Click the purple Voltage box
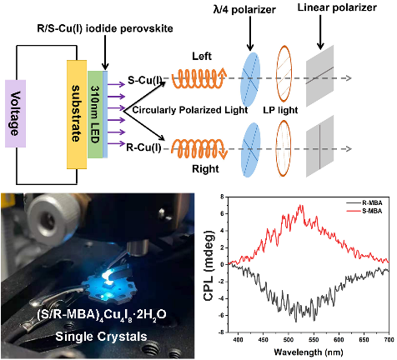click(16, 113)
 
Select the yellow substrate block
click(77, 114)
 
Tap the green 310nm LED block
click(95, 114)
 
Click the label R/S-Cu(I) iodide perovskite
click(105, 28)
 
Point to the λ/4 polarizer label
click(244, 10)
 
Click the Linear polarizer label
click(337, 7)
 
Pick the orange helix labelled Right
click(199, 148)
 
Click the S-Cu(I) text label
click(144, 81)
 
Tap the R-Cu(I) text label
click(143, 147)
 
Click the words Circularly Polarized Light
click(190, 110)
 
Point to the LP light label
click(280, 110)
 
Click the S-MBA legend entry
click(364, 212)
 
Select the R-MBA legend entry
click(364, 203)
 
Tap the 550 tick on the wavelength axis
click(314, 340)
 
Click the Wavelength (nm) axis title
click(309, 352)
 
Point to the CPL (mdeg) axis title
click(209, 265)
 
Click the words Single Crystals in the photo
click(101, 337)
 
